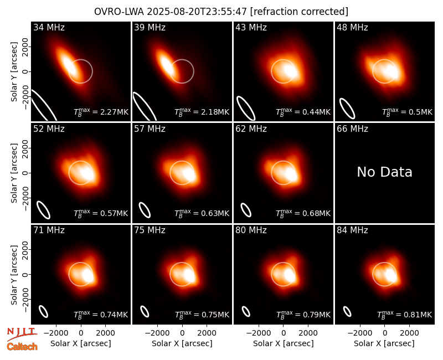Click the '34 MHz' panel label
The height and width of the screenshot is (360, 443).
coord(49,27)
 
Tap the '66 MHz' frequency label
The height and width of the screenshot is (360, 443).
coord(352,129)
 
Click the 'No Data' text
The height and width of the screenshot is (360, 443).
coord(384,172)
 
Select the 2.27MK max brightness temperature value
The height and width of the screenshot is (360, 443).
coord(101,112)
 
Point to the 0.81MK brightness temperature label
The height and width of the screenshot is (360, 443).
coord(405,315)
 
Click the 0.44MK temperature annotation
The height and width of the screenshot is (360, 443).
coord(303,112)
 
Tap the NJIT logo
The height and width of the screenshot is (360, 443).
coord(22,334)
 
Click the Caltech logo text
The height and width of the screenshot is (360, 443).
coord(22,347)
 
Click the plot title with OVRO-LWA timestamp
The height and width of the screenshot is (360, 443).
coord(221,12)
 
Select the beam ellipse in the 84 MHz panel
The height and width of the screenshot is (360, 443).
coord(347,311)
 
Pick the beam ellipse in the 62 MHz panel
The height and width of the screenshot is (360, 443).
coord(246,210)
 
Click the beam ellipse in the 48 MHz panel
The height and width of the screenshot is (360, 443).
coord(347,108)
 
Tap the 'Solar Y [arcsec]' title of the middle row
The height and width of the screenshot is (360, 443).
coord(14,173)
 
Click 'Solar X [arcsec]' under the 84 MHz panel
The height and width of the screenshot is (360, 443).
coord(384,343)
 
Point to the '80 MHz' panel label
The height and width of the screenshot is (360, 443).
coord(251,230)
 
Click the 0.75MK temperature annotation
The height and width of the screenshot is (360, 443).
coord(202,315)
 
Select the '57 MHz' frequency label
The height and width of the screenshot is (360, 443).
coord(150,129)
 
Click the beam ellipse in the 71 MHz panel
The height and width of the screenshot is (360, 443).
coord(43,311)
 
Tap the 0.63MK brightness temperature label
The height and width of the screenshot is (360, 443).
coord(202,213)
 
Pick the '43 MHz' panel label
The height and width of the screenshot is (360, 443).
coord(251,27)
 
